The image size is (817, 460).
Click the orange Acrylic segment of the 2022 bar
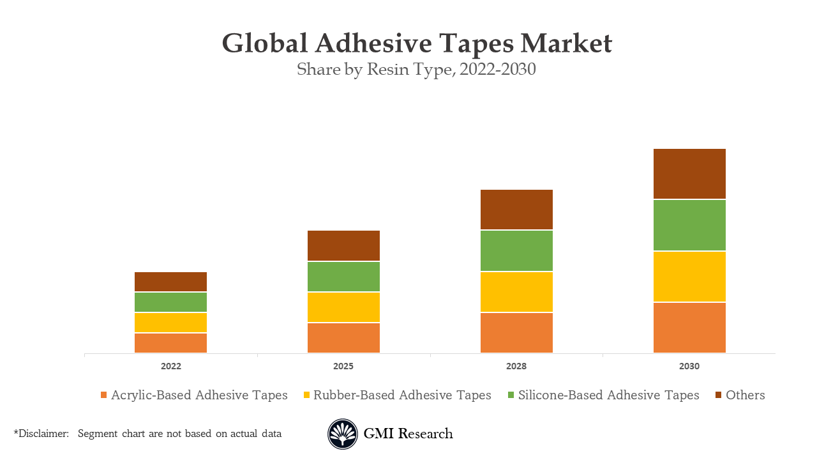[170, 343]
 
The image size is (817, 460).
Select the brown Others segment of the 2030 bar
[689, 174]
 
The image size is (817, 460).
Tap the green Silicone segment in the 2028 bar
[516, 250]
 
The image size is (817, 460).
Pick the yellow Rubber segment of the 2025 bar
[343, 307]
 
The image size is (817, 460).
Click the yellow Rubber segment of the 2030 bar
[689, 276]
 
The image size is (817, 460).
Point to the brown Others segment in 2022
[170, 282]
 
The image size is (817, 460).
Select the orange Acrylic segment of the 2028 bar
[516, 333]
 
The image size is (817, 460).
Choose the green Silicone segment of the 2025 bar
[343, 277]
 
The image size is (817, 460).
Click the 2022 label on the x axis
[170, 367]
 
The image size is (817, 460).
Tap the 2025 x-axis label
[343, 367]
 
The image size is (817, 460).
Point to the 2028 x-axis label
[516, 367]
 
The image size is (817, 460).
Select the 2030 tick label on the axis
[689, 367]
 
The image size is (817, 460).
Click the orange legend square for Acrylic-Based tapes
[103, 395]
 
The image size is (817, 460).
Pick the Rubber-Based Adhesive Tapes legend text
[402, 395]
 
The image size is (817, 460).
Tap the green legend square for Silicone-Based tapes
[511, 395]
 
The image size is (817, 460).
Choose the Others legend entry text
[745, 395]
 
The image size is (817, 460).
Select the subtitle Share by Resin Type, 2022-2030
[416, 70]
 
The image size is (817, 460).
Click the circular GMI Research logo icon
[343, 434]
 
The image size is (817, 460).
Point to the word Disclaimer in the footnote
[43, 434]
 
